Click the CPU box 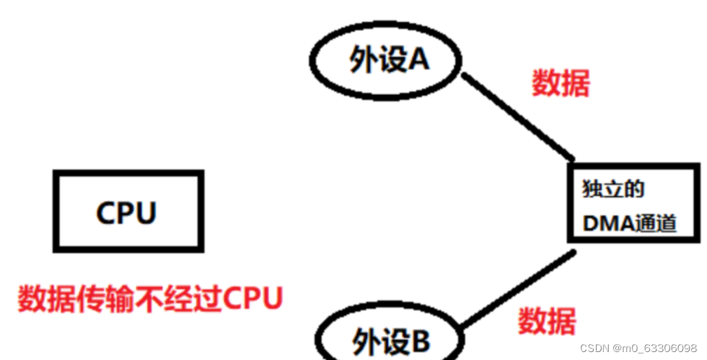pos(128,211)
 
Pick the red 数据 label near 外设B pos(546,321)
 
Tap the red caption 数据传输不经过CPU pos(150,299)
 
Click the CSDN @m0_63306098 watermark pos(638,348)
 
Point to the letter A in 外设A pos(419,60)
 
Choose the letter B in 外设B pos(420,341)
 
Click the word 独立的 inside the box pos(613,189)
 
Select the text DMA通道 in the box pos(629,224)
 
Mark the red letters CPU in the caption pos(253,299)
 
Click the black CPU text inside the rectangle pos(126,213)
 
